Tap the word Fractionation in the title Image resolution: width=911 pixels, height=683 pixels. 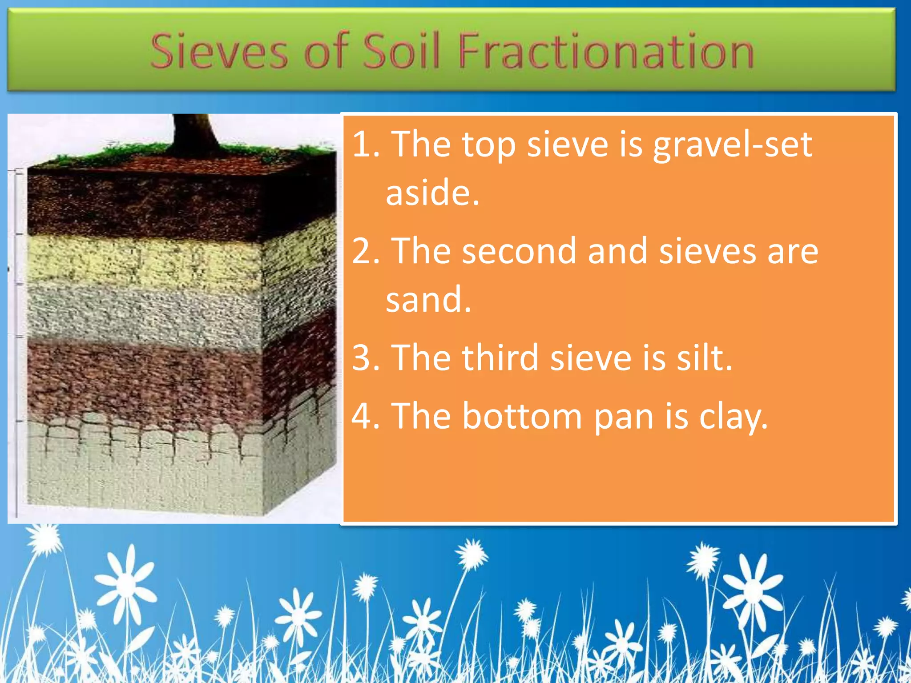click(606, 52)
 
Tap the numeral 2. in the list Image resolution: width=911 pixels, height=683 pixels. click(366, 251)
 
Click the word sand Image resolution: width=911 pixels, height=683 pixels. click(428, 300)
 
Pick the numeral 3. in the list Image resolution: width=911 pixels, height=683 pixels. click(366, 358)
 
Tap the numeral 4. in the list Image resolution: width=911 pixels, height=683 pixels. click(366, 416)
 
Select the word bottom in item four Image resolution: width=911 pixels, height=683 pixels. click(522, 416)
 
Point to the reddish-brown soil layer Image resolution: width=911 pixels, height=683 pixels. click(142, 378)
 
